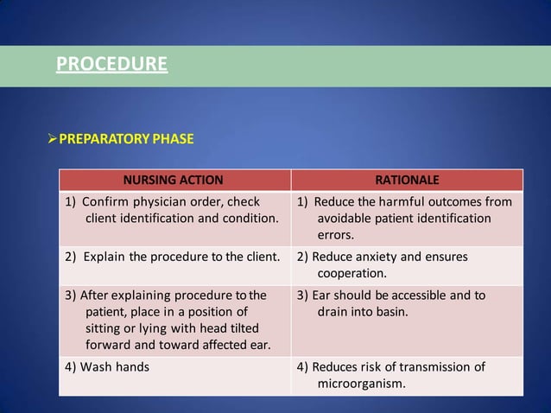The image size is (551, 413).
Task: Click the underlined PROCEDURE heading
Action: click(111, 64)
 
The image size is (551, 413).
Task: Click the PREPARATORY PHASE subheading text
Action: click(126, 138)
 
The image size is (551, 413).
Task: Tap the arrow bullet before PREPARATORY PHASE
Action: click(52, 138)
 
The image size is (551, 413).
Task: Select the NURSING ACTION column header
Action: click(174, 181)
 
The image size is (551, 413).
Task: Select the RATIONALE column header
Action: click(407, 181)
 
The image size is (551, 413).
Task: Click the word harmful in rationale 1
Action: click(401, 202)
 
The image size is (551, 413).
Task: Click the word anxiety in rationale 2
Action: click(372, 257)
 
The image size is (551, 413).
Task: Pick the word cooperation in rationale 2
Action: click(351, 273)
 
